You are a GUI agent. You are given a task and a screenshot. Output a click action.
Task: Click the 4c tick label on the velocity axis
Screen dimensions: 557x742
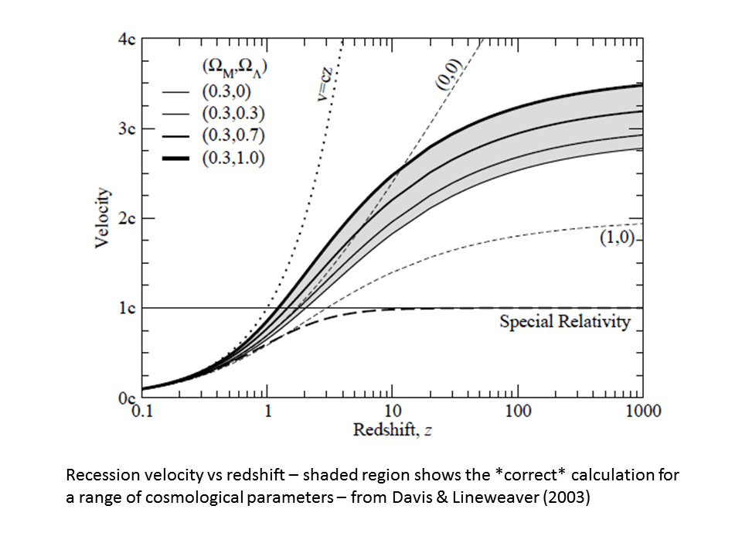pos(127,40)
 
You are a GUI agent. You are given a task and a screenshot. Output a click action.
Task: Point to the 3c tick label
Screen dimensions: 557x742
pos(127,129)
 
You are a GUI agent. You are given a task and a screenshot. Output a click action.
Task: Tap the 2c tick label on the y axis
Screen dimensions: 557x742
pos(127,218)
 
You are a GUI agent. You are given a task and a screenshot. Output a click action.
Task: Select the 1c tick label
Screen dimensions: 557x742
pos(127,308)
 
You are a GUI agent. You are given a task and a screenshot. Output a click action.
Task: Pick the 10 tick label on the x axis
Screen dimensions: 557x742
pos(392,411)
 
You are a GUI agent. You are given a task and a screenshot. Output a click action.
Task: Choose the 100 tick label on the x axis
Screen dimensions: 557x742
pos(517,411)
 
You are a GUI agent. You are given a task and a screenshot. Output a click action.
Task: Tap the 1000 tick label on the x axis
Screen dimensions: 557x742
pos(642,411)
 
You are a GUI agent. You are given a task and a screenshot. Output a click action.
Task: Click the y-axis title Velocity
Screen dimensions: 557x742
pos(102,218)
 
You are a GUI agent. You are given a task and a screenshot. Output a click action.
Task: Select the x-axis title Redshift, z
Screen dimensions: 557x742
pos(392,430)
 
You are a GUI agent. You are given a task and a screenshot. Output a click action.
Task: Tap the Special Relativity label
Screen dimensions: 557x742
pos(565,322)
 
